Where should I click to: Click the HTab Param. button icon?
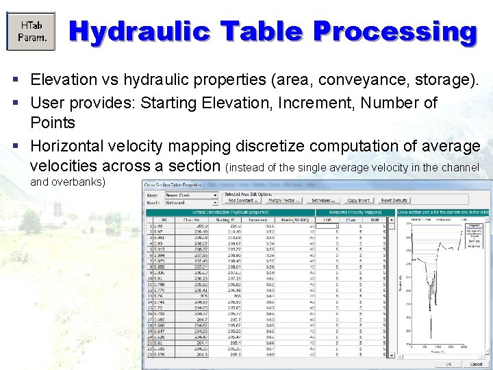point(31,31)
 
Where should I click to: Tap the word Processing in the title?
point(394,32)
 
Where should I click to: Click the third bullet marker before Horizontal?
point(16,146)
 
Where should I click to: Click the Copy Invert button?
point(357,200)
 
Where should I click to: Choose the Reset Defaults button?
point(394,200)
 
